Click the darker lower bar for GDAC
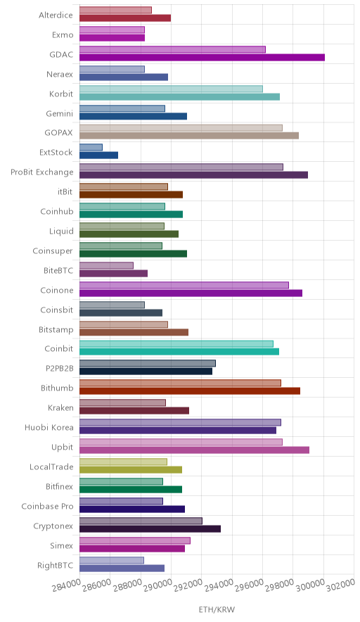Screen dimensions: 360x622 click(202, 58)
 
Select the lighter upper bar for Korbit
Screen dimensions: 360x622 click(172, 89)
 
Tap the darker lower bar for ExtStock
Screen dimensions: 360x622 click(98, 155)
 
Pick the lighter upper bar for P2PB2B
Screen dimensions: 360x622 click(148, 363)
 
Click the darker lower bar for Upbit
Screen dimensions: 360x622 click(194, 450)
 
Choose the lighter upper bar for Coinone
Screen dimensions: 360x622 click(184, 285)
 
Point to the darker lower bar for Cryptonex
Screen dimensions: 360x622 click(150, 529)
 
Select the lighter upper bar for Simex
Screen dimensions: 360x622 click(135, 540)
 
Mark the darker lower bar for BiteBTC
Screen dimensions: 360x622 click(113, 273)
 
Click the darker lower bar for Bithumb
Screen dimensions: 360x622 click(190, 391)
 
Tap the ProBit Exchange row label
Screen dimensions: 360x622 click(42, 172)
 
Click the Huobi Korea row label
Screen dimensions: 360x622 click(49, 428)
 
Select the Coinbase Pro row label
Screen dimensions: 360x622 click(48, 506)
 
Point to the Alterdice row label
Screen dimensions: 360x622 click(56, 15)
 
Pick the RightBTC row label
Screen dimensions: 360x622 click(55, 565)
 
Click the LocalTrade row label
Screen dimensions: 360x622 click(51, 467)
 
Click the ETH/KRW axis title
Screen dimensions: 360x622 click(217, 610)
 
